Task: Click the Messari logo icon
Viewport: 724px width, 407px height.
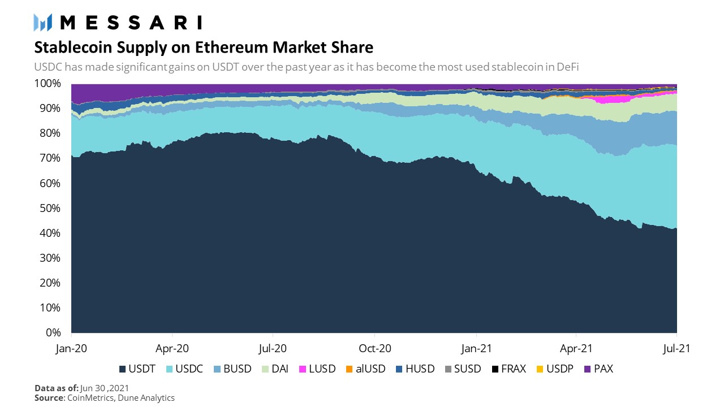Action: pos(43,22)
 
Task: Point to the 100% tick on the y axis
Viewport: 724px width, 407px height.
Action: pos(49,83)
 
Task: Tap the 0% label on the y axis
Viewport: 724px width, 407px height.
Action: pos(54,332)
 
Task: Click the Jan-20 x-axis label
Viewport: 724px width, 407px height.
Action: pos(71,348)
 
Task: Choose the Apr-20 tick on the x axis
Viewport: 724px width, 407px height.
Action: pos(172,348)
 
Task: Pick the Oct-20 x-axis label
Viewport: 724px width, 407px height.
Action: pos(374,348)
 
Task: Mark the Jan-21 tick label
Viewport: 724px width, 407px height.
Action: pos(476,348)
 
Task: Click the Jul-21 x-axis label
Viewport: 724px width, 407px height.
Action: pos(676,348)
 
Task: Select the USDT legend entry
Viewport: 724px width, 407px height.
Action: pos(137,369)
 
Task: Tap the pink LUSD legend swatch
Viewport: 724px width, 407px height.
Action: pos(302,369)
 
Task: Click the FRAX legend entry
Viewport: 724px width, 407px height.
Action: pos(508,369)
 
